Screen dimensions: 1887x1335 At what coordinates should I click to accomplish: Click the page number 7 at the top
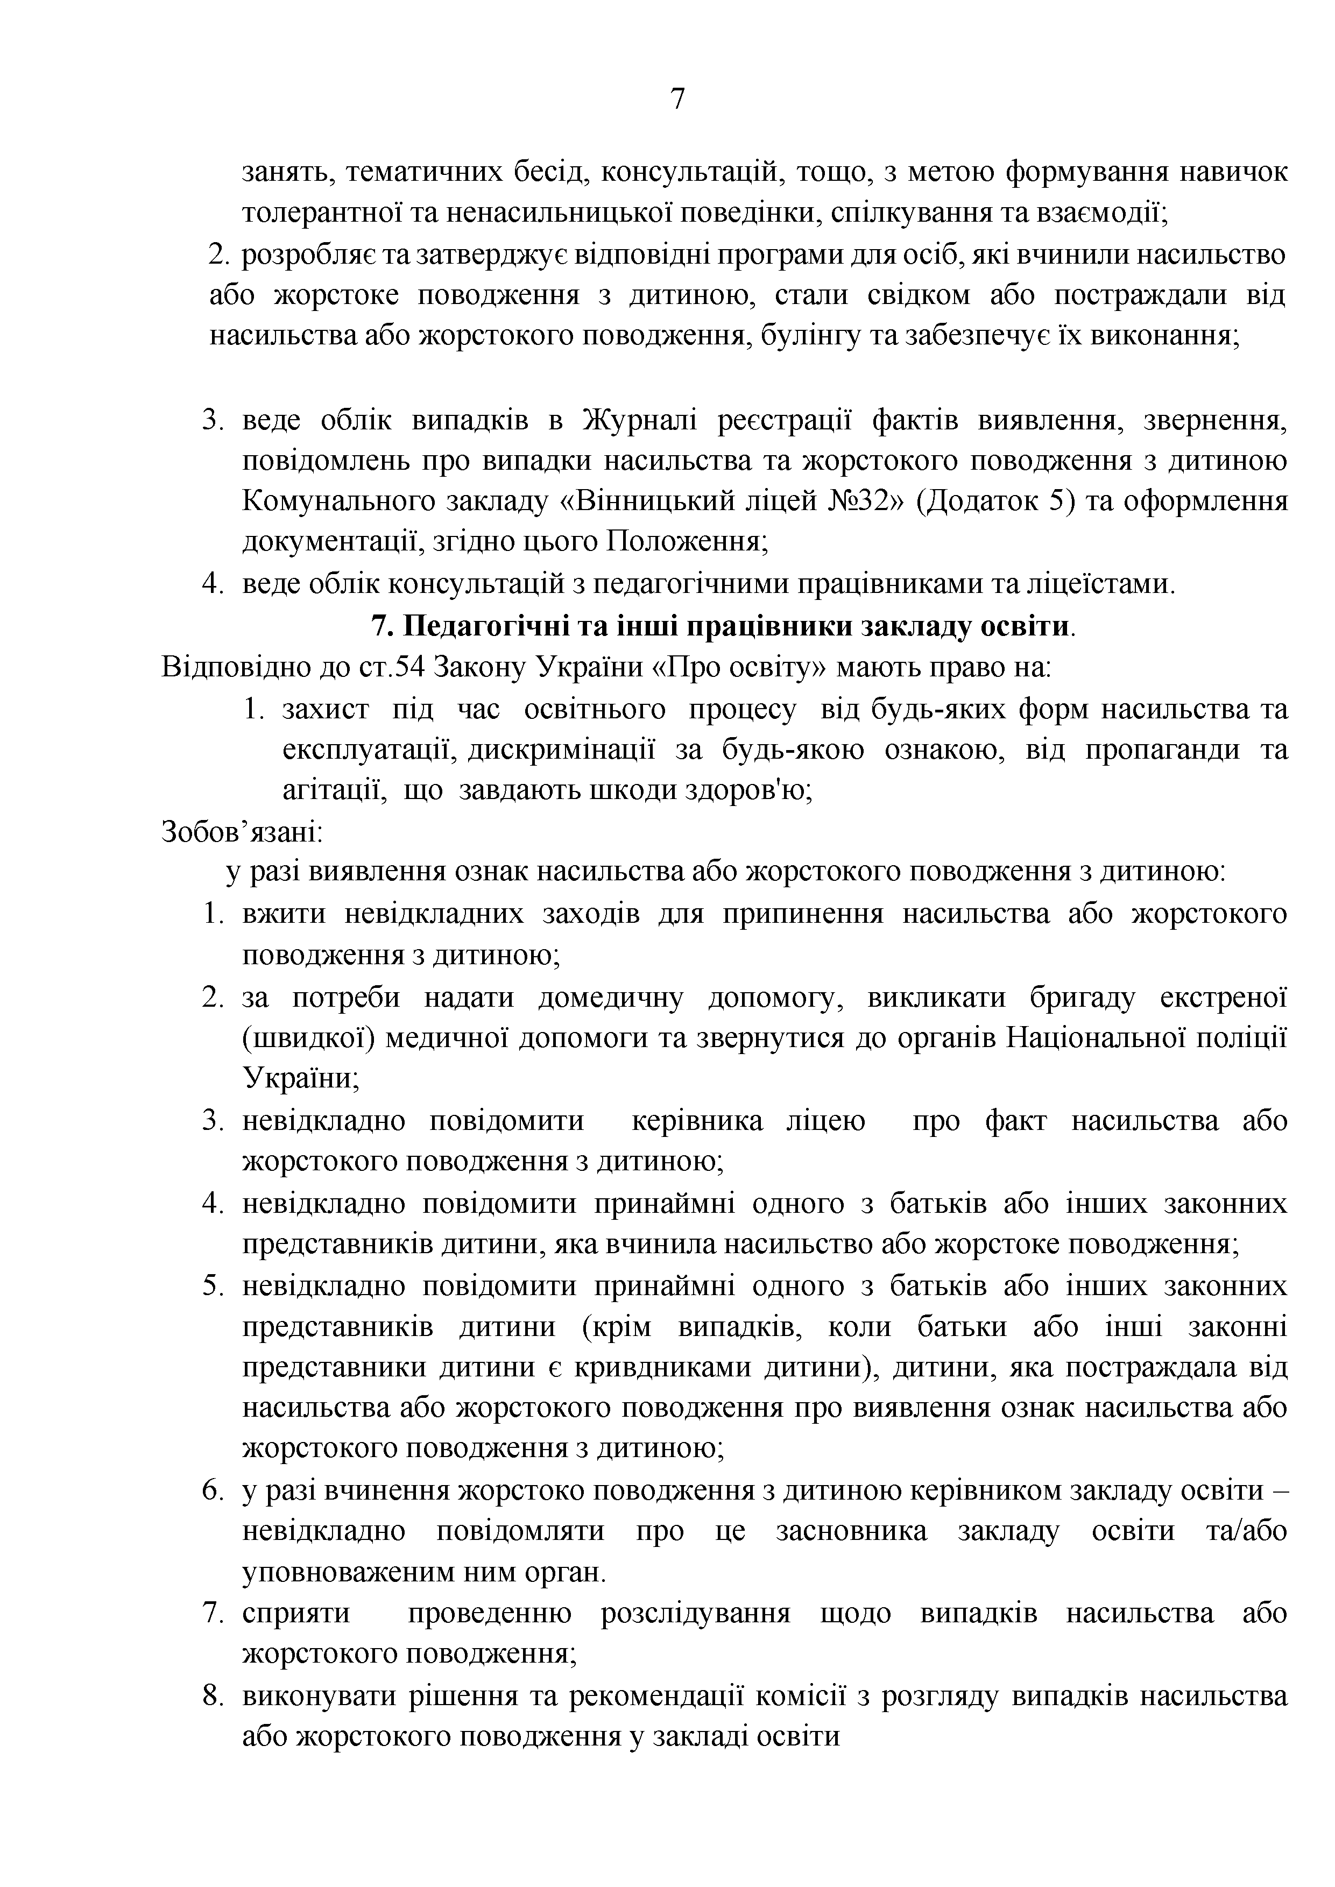pos(677,100)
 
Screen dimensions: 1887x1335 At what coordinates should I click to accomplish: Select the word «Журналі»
pos(640,422)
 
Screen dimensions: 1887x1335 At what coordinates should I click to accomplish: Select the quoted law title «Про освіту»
pos(739,667)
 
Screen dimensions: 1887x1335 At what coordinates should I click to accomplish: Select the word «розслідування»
pos(695,1614)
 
